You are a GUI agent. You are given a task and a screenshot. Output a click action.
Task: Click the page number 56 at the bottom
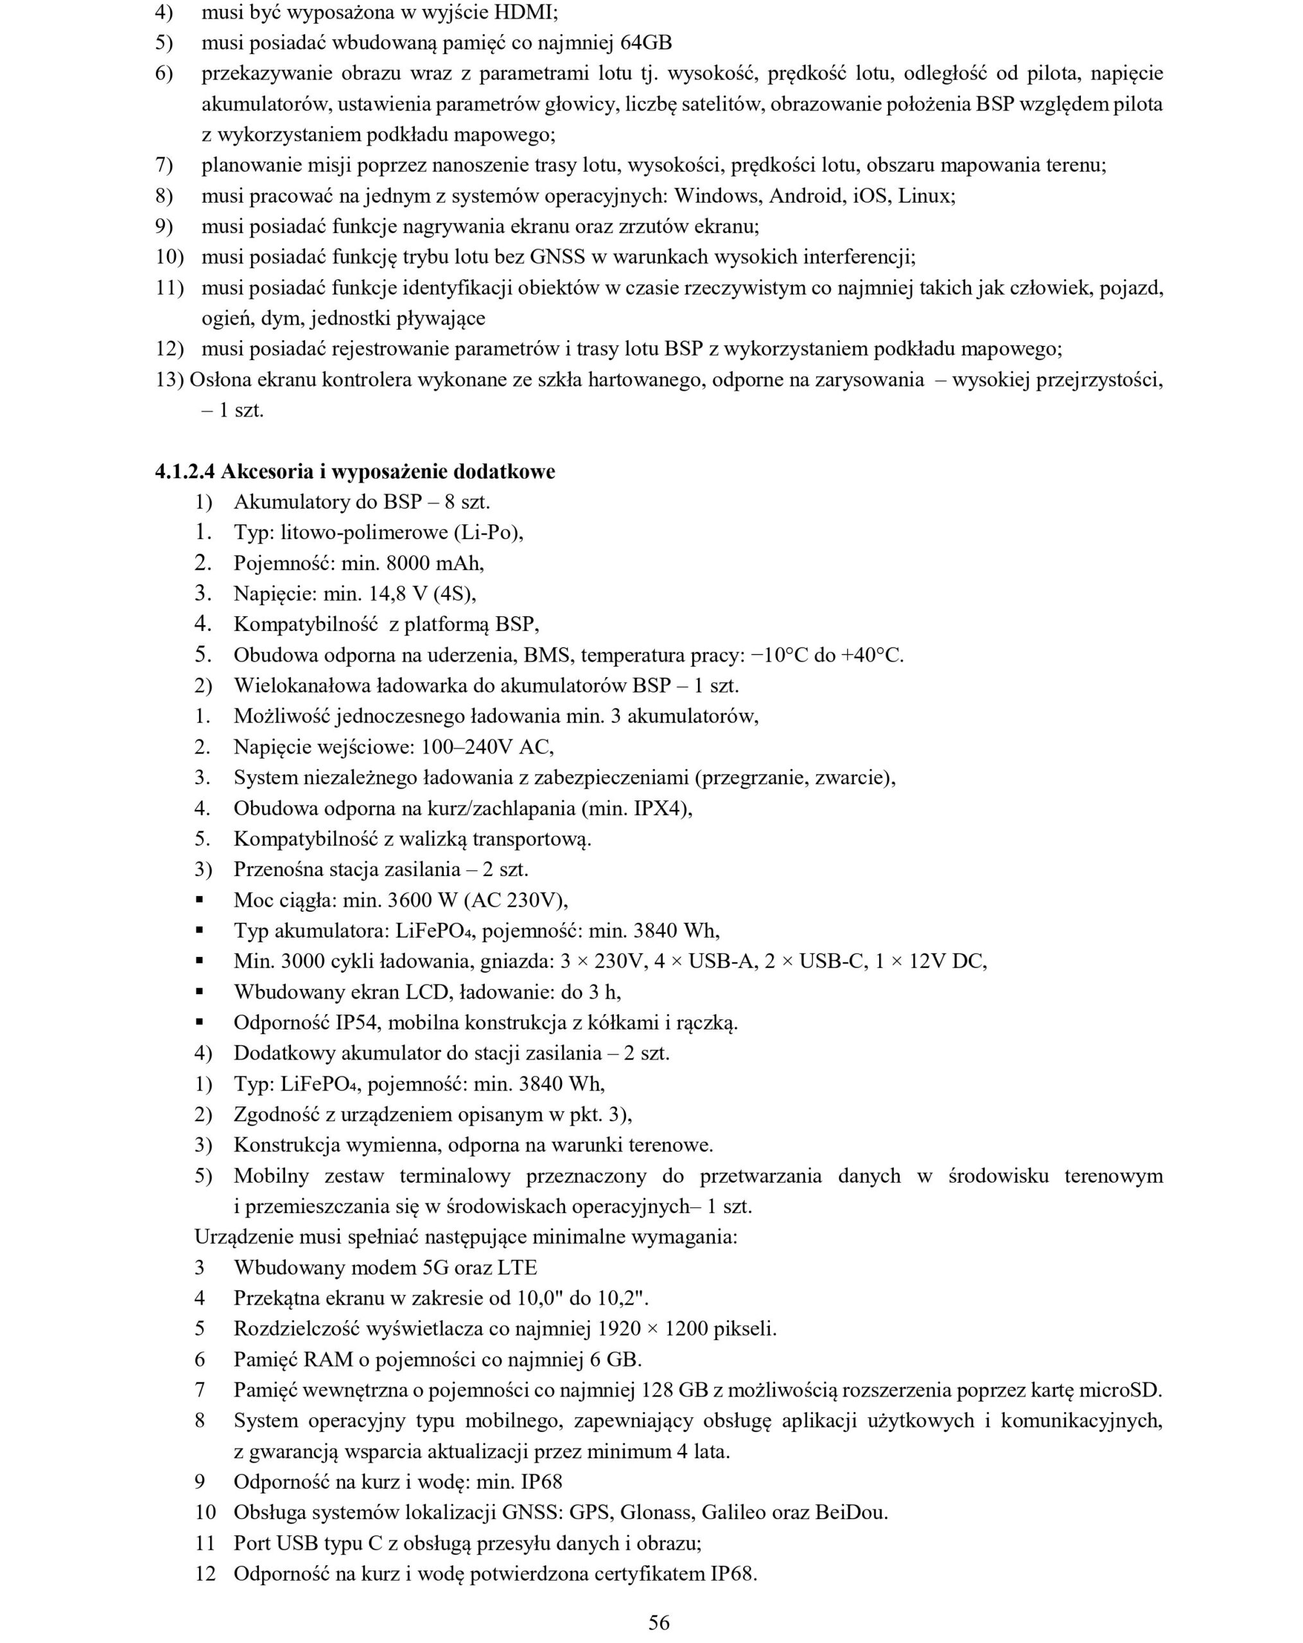coord(659,1622)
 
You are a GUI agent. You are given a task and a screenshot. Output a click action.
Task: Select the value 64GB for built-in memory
coord(646,42)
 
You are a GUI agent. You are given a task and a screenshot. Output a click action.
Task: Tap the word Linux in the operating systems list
coord(925,196)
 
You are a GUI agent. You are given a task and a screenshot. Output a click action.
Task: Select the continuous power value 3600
coord(411,900)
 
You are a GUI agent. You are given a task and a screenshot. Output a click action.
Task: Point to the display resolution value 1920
coord(619,1329)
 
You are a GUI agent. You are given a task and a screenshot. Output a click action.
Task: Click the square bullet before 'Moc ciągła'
coord(200,900)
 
